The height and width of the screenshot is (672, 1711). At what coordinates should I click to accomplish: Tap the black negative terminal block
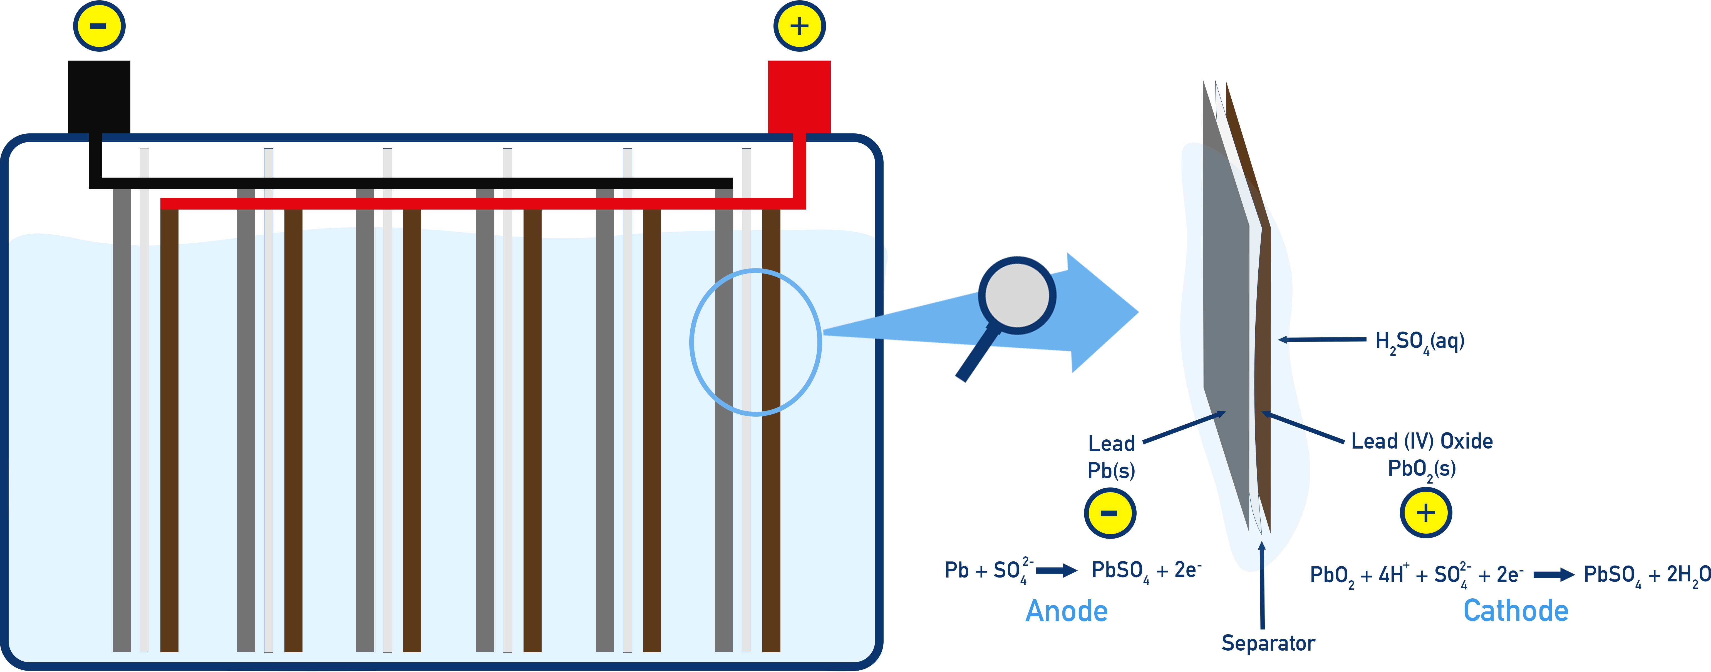pyautogui.click(x=99, y=96)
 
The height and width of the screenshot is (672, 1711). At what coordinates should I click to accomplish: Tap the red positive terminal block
pyautogui.click(x=799, y=96)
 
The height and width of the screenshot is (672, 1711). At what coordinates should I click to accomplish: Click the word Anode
pyautogui.click(x=1067, y=611)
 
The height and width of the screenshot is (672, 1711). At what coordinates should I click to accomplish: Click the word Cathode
pyautogui.click(x=1516, y=611)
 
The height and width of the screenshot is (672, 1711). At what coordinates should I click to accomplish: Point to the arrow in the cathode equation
pyautogui.click(x=1553, y=574)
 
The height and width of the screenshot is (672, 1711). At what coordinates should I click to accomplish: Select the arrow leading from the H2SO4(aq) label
pyautogui.click(x=1322, y=339)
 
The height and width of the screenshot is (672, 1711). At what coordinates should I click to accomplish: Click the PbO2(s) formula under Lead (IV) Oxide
pyautogui.click(x=1421, y=469)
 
